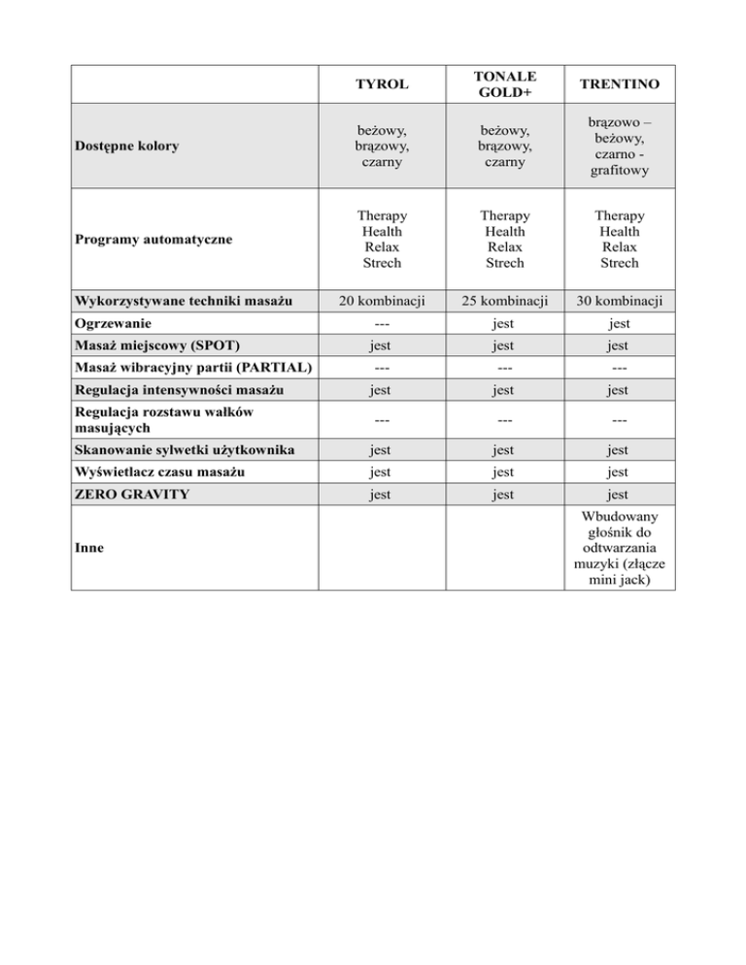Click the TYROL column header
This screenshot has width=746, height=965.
point(382,85)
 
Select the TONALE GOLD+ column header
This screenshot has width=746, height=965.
point(504,85)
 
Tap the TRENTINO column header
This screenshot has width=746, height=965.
point(620,85)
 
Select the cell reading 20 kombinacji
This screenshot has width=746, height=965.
point(382,300)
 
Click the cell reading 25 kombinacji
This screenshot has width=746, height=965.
point(504,300)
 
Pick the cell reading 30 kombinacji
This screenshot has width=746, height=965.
point(620,300)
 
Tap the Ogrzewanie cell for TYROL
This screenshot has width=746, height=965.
point(382,323)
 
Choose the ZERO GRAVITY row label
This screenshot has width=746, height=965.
point(133,494)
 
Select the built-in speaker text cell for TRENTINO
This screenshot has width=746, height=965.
point(620,547)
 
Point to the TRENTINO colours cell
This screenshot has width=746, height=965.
point(620,147)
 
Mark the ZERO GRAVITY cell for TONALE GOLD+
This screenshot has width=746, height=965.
point(504,494)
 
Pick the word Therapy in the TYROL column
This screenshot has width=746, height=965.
point(382,216)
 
